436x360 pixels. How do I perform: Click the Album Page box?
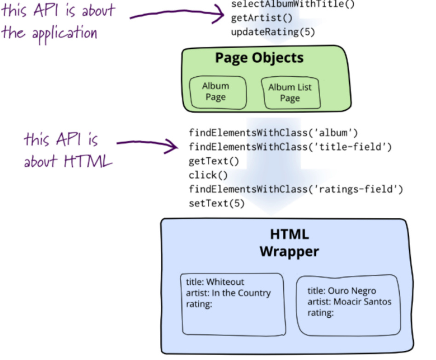click(216, 92)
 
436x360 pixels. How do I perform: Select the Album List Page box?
click(290, 93)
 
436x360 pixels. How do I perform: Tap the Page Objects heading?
click(259, 58)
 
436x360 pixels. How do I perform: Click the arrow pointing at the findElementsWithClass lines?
click(147, 145)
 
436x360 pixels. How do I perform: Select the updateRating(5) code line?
click(273, 32)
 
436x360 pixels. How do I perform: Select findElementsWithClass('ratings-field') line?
click(296, 189)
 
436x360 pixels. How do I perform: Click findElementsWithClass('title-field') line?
click(290, 147)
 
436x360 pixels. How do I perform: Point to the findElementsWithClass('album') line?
click(273, 133)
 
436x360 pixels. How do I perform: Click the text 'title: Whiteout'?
click(215, 282)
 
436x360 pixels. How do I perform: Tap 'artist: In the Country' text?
click(228, 293)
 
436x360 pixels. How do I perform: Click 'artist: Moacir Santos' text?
click(350, 302)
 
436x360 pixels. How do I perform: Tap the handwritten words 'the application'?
click(49, 33)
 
